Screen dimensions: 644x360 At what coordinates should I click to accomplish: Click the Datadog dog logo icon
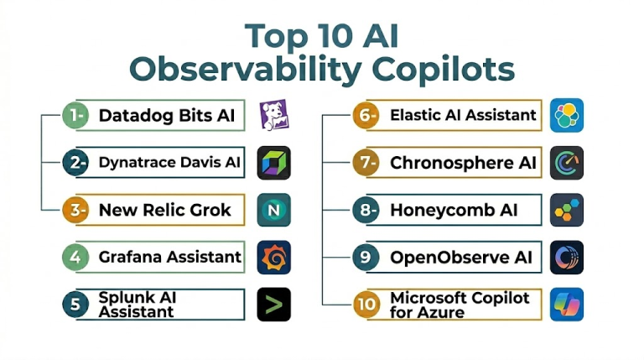[274, 115]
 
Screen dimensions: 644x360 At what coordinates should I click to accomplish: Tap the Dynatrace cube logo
[274, 163]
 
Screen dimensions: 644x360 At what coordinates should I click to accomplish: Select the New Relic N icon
[274, 210]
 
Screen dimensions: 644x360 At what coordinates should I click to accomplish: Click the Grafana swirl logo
[274, 258]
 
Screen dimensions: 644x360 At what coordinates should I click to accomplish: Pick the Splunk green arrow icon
[274, 305]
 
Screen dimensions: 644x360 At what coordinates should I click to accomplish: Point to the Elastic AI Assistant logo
[567, 115]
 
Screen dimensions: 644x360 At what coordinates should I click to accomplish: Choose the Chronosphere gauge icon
[567, 163]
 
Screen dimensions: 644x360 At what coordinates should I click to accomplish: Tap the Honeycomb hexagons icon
[567, 210]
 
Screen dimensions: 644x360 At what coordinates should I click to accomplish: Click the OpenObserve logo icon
[567, 258]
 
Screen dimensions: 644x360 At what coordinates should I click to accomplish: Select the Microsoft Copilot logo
[567, 305]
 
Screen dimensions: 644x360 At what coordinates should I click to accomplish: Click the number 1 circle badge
[75, 116]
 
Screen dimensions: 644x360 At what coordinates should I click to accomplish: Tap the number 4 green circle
[75, 258]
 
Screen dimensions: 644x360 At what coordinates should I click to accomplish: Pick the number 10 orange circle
[366, 305]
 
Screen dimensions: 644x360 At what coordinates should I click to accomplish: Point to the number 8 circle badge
[366, 210]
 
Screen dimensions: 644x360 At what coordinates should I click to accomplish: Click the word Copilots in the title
[443, 70]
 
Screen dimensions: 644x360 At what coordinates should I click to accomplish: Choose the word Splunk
[126, 298]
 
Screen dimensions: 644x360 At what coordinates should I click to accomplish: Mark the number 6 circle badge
[366, 116]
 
